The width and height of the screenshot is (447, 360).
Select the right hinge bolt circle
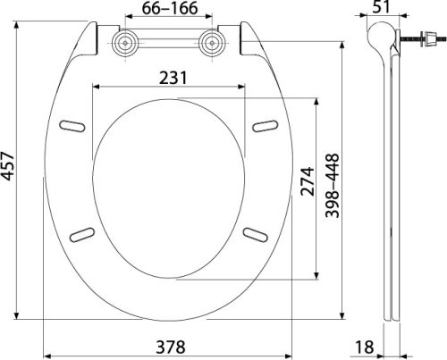214,43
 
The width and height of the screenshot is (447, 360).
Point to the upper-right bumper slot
266,125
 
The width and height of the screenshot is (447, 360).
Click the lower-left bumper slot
81,234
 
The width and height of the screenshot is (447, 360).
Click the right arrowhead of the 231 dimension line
245,87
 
